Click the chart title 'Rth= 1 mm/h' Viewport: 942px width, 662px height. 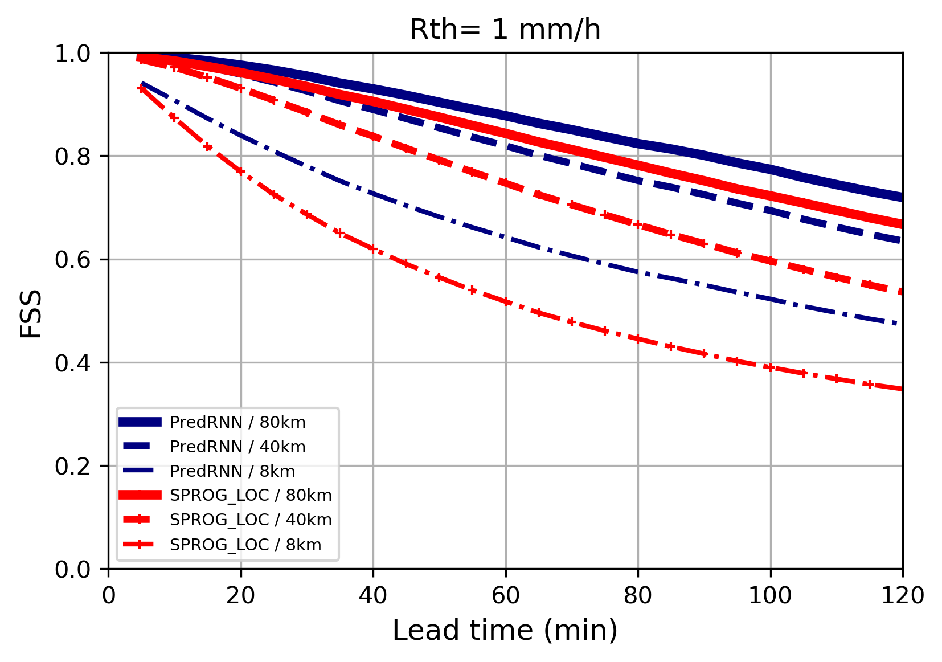(505, 29)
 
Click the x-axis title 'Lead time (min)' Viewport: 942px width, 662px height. (505, 631)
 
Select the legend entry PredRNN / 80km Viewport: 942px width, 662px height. (237, 422)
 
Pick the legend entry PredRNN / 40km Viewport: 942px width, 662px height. (237, 447)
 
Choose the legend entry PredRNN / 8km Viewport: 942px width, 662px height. (232, 471)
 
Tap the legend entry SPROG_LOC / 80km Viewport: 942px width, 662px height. (251, 495)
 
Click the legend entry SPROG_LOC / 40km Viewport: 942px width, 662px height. (251, 520)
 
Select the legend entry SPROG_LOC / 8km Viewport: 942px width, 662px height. (245, 545)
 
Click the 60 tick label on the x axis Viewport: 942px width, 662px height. (505, 596)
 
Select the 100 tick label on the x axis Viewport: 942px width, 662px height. (770, 596)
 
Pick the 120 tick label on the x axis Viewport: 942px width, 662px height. (902, 596)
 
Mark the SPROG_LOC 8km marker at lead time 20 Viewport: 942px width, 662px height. (241, 171)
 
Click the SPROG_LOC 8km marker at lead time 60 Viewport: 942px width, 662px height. (506, 301)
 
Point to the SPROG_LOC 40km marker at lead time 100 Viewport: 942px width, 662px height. (771, 261)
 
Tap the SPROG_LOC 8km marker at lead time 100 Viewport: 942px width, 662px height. (771, 367)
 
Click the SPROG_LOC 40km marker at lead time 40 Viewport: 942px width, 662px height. (373, 136)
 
